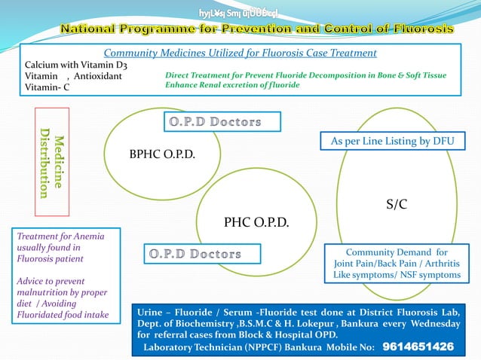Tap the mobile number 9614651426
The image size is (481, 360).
[418, 346]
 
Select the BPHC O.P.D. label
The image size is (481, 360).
[162, 154]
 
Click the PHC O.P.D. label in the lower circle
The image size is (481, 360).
[256, 222]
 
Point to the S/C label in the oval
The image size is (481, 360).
[397, 203]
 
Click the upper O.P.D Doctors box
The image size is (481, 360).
[222, 121]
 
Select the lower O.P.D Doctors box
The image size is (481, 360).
[202, 254]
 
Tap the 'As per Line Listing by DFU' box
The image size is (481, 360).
[393, 141]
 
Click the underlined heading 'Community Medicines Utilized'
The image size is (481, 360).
[181, 53]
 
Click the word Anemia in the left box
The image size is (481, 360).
[89, 236]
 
